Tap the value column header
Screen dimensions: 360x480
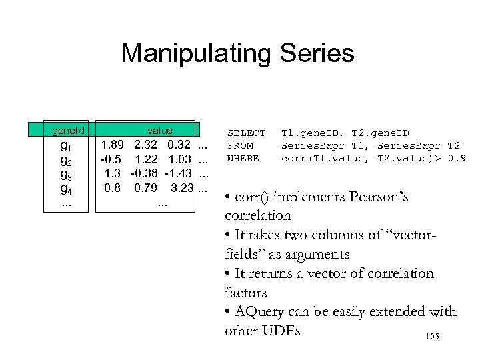coord(160,131)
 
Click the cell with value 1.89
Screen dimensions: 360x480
coord(112,145)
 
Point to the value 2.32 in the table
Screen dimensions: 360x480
coord(146,145)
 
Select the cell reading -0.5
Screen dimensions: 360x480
coord(111,160)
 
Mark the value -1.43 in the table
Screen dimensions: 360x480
coord(178,174)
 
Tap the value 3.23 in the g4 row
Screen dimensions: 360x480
coord(181,188)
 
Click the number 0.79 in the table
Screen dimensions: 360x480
coord(146,188)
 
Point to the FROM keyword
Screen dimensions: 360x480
coord(240,146)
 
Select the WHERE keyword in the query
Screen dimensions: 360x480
coord(243,159)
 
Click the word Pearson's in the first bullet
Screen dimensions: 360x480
coord(385,197)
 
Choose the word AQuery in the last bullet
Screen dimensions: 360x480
coord(260,312)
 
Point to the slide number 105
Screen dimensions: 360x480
coord(431,338)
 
